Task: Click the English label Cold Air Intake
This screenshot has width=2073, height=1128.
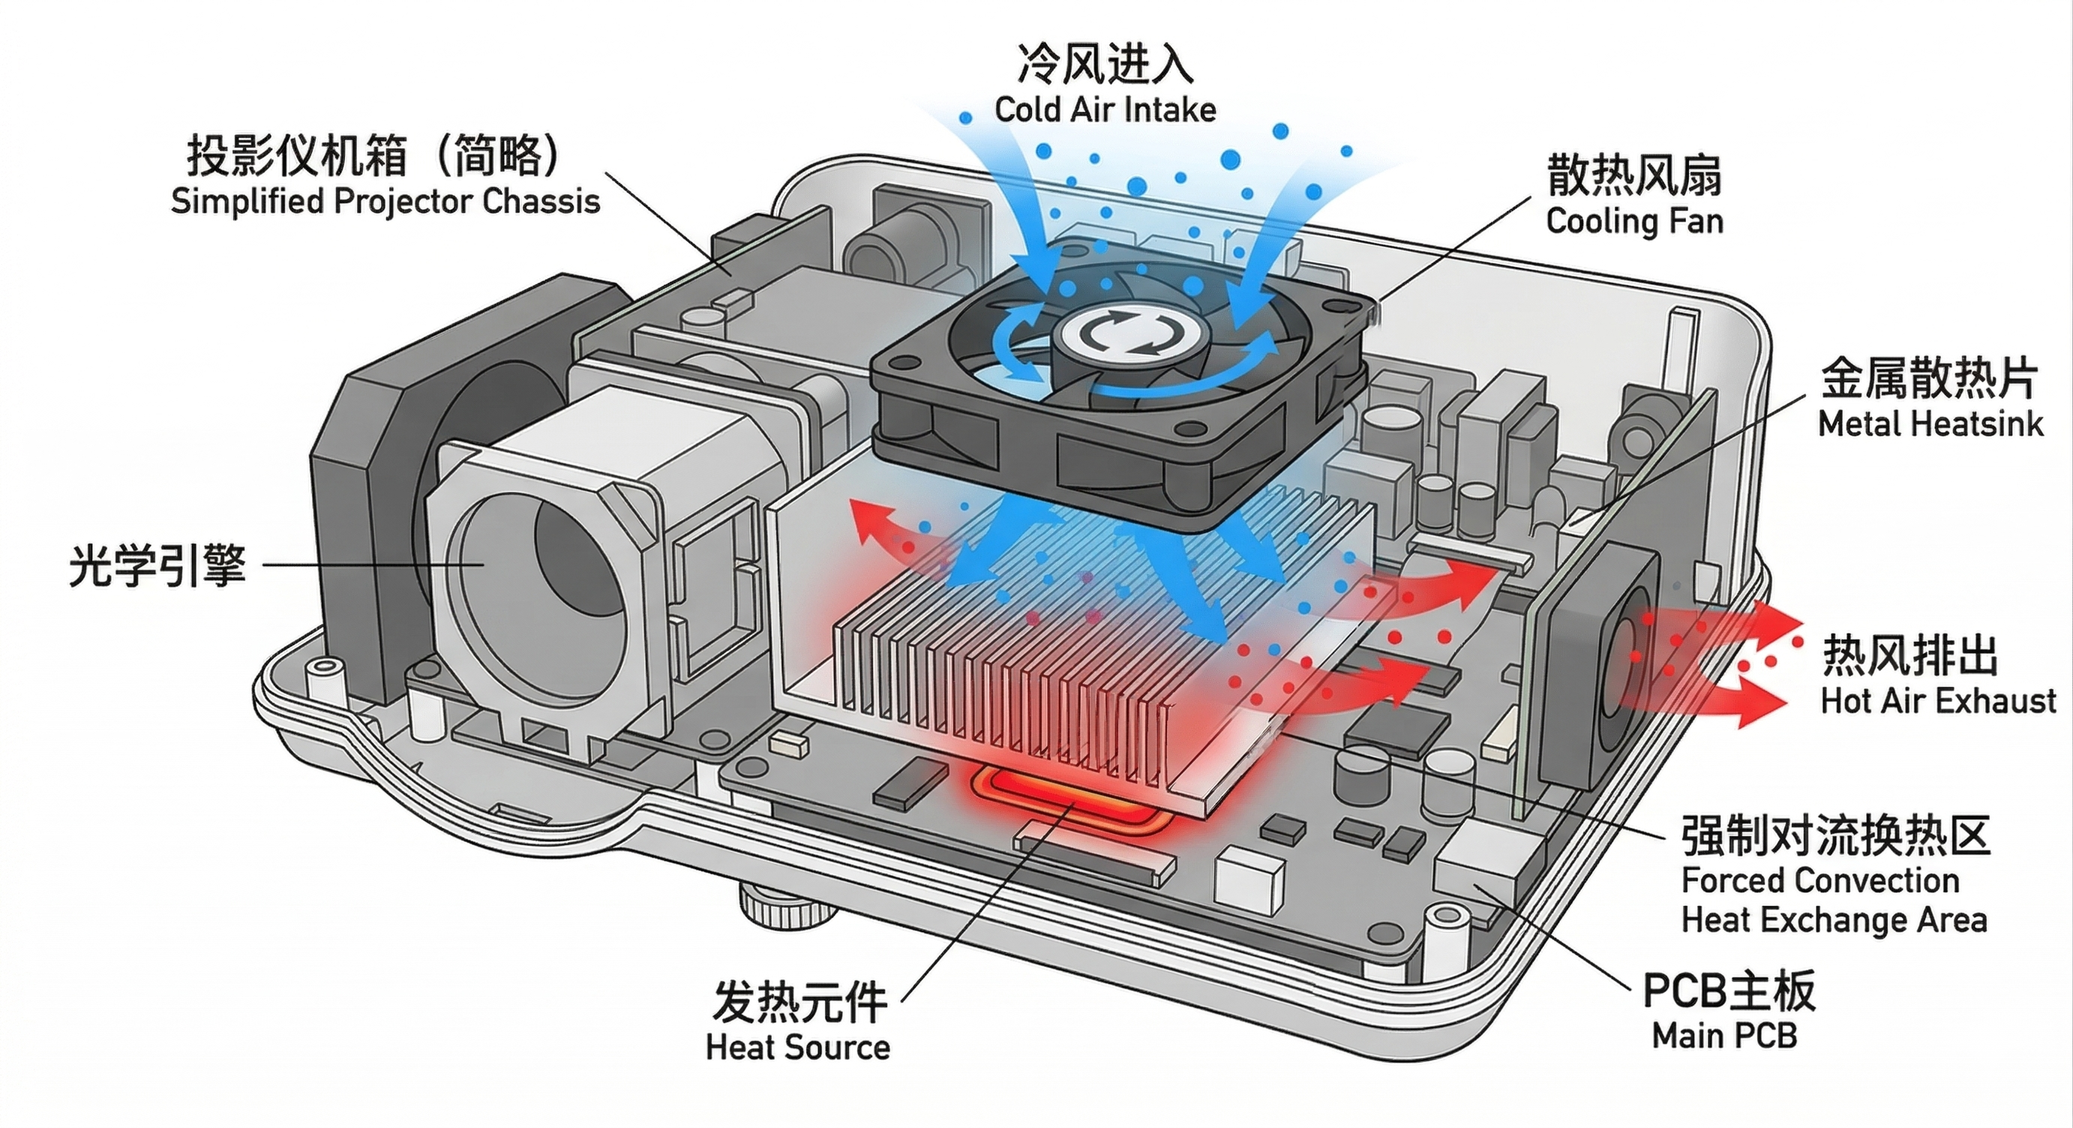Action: click(1105, 109)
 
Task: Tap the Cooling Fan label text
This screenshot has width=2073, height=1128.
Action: click(1633, 220)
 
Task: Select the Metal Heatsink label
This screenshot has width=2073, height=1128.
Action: click(1930, 423)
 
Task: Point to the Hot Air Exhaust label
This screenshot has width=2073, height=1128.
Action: click(1938, 700)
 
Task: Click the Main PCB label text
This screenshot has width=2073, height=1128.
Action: click(1723, 1036)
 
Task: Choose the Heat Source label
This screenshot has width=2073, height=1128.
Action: click(797, 1047)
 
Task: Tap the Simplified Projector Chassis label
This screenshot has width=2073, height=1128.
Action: click(385, 201)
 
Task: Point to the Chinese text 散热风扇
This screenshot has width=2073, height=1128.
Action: click(1633, 175)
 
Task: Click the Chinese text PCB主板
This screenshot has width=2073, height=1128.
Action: click(1729, 991)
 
